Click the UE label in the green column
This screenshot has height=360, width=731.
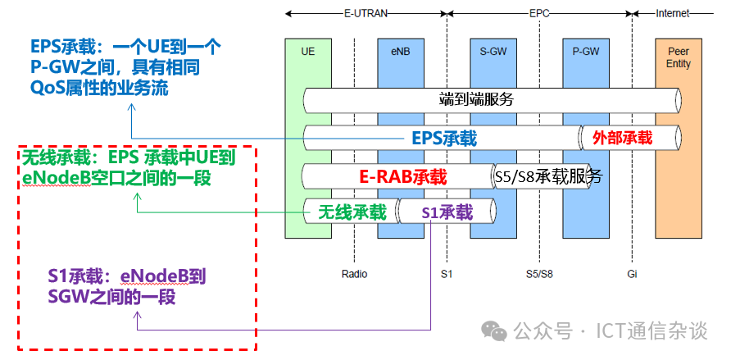click(x=307, y=51)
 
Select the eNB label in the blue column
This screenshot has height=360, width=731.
click(x=400, y=51)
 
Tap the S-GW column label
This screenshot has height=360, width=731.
click(x=493, y=51)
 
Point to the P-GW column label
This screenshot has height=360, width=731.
click(x=585, y=51)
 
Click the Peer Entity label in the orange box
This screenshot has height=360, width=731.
click(x=679, y=57)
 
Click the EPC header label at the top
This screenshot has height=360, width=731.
click(x=540, y=13)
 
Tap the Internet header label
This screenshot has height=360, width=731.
click(x=673, y=13)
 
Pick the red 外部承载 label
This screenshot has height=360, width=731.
click(x=622, y=138)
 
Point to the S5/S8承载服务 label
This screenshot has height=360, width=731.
click(x=548, y=175)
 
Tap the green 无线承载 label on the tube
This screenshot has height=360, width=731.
click(x=352, y=212)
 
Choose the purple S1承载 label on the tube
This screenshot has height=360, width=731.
click(x=447, y=212)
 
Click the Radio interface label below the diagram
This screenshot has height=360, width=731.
click(x=354, y=273)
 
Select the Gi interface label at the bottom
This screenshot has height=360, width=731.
click(x=632, y=273)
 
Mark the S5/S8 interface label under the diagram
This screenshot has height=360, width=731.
click(x=539, y=273)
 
